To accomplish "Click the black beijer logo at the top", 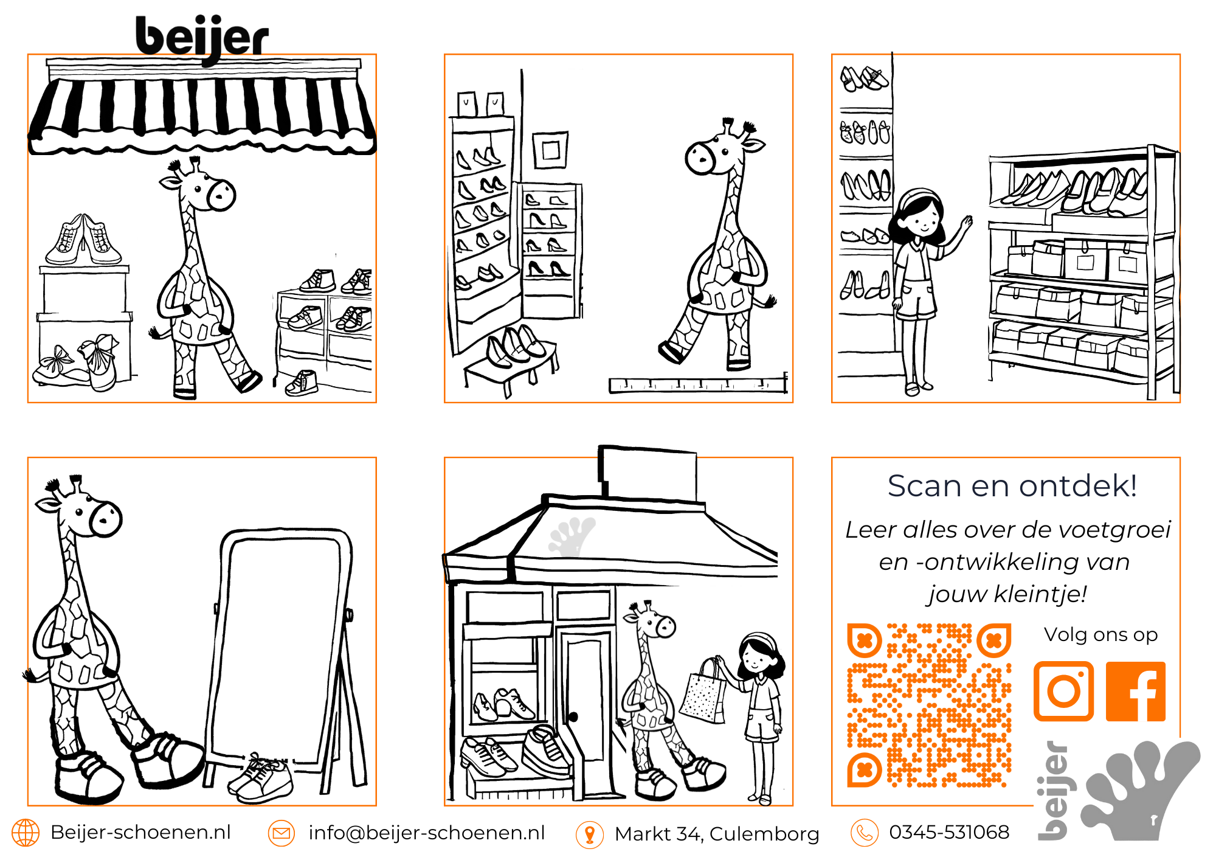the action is pyautogui.click(x=202, y=38).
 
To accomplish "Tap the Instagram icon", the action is pyautogui.click(x=1063, y=691).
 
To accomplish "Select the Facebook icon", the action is pyautogui.click(x=1136, y=691).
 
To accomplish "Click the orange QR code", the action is pyautogui.click(x=929, y=705).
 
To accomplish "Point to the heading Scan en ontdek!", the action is pyautogui.click(x=1012, y=486).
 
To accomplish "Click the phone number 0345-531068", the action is pyautogui.click(x=949, y=832).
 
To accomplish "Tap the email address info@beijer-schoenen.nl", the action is pyautogui.click(x=427, y=833).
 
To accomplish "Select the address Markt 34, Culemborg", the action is pyautogui.click(x=717, y=834).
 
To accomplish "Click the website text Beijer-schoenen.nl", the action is pyautogui.click(x=140, y=832).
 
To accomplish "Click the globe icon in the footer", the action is pyautogui.click(x=26, y=833).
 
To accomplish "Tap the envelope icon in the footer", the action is pyautogui.click(x=282, y=833).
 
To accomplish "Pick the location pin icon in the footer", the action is pyautogui.click(x=590, y=834).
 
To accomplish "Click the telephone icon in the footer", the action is pyautogui.click(x=865, y=833).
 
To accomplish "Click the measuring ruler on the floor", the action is pyautogui.click(x=699, y=384).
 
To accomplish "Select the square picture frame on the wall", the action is pyautogui.click(x=550, y=150).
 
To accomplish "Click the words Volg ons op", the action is pyautogui.click(x=1100, y=635).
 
